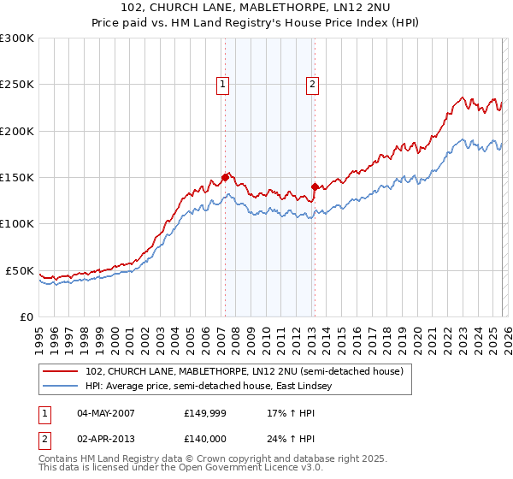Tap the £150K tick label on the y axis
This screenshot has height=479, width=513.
(x=17, y=178)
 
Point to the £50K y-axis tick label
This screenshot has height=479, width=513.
(x=20, y=270)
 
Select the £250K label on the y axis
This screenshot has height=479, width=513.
(x=17, y=85)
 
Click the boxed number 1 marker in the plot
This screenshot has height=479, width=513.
(x=222, y=84)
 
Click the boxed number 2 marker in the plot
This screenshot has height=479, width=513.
(x=313, y=84)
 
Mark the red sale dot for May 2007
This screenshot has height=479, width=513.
(x=226, y=178)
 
